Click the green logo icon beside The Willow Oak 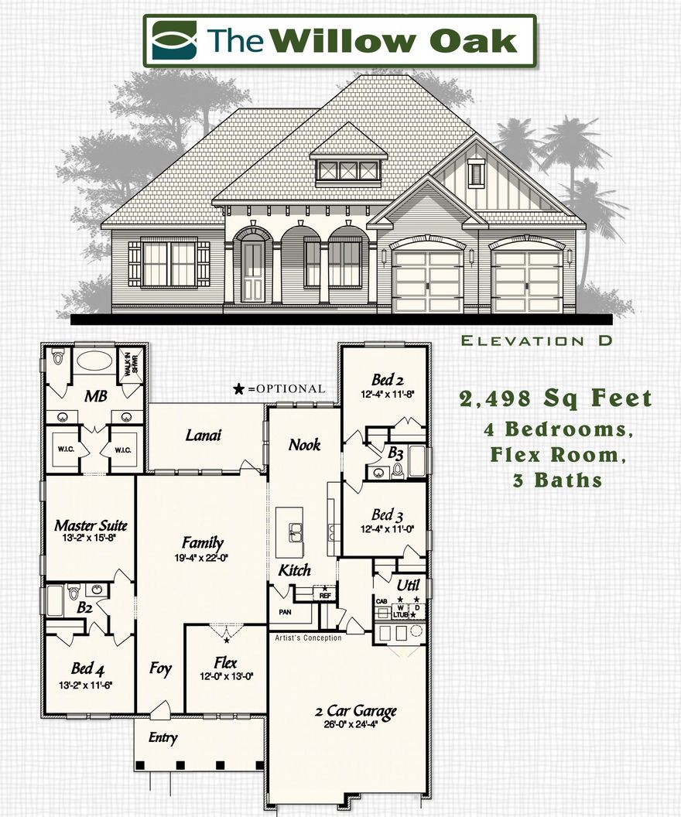(174, 40)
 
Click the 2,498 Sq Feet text (556, 399)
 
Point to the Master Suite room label (91, 525)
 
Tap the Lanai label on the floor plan (204, 435)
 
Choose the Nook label (304, 444)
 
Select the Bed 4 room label (87, 668)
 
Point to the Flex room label (226, 662)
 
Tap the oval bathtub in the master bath (94, 361)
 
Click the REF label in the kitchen (325, 596)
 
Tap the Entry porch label (163, 737)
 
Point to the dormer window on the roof (348, 170)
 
